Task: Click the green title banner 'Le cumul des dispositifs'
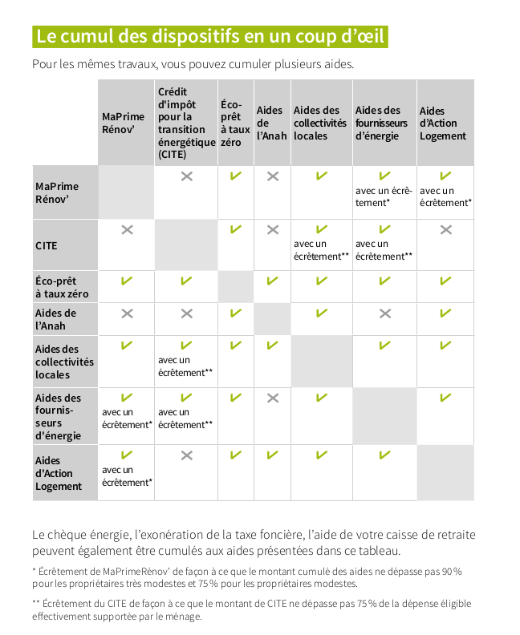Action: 210,36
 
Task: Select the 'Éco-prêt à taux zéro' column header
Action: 235,123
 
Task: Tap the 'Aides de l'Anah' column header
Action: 272,123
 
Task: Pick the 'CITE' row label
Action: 47,246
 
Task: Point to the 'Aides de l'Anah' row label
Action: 56,320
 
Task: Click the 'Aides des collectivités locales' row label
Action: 64,362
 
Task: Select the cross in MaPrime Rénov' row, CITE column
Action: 186,176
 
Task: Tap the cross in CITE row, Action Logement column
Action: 446,230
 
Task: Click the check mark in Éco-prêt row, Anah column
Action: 272,281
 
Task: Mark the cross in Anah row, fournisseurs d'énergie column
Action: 384,313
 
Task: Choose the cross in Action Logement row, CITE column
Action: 186,455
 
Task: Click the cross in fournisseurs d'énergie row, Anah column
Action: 273,398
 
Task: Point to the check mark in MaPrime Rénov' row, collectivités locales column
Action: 322,176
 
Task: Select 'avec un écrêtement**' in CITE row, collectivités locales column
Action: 322,250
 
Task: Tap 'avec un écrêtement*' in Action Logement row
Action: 127,476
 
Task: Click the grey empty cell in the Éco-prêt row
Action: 235,287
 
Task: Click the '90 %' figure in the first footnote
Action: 452,572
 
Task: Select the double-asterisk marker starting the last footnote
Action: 36,602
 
